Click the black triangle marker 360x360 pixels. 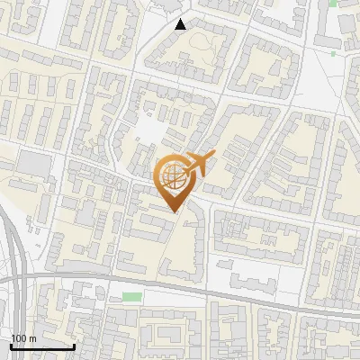pyautogui.click(x=181, y=24)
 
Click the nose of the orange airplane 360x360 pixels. pyautogui.click(x=213, y=156)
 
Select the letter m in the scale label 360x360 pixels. pyautogui.click(x=31, y=337)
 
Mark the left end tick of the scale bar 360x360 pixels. pyautogui.click(x=11, y=345)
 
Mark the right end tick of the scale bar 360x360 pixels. pyautogui.click(x=74, y=345)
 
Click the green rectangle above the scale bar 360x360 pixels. pyautogui.click(x=132, y=297)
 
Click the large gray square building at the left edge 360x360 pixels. pyautogui.click(x=34, y=164)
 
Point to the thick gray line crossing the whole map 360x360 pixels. pyautogui.click(x=225, y=292)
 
